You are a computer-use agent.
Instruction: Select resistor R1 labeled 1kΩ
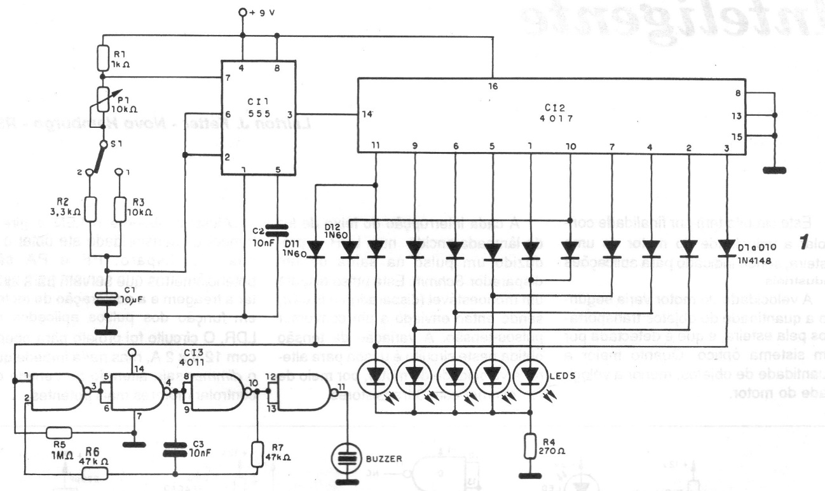[x=102, y=58]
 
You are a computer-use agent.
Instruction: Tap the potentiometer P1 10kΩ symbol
[x=102, y=97]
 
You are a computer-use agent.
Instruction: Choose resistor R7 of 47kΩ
[x=257, y=453]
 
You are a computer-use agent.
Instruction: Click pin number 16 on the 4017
[x=493, y=86]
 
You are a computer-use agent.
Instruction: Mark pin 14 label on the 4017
[x=367, y=114]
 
